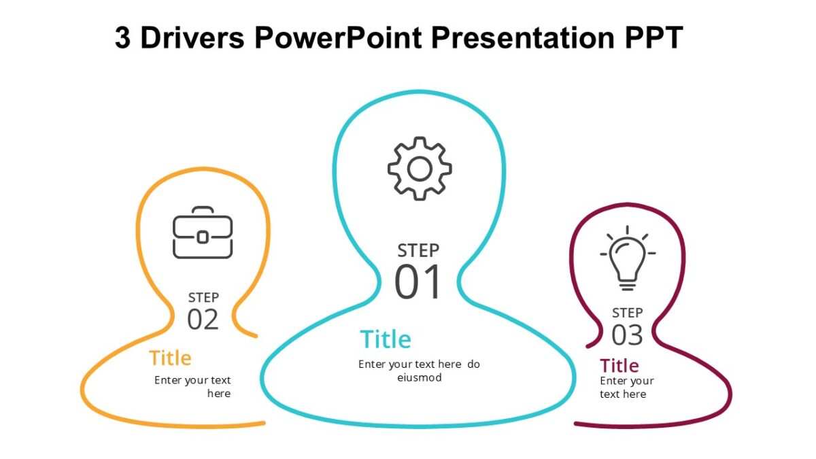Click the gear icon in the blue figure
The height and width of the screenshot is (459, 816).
pos(420,169)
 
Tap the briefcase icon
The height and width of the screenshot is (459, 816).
pos(203,233)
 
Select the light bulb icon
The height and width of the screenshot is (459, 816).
pos(628,259)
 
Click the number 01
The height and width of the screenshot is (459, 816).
pos(418,284)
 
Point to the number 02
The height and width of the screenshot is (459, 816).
pos(203,320)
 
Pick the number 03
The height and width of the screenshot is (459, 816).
pos(627,335)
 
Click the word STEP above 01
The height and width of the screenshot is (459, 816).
pos(418,250)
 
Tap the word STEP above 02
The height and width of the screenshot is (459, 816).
pos(203,297)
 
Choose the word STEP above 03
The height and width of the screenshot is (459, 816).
pos(627,313)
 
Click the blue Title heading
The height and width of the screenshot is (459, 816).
pos(386,339)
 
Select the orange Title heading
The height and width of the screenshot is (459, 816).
pos(170,358)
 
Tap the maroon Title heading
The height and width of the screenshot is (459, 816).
pos(619,365)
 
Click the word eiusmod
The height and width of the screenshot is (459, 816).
pos(420,378)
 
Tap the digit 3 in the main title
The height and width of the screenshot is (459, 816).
pos(122,39)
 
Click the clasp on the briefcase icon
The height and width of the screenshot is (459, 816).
pos(203,237)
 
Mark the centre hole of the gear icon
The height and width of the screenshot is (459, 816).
pos(420,169)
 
